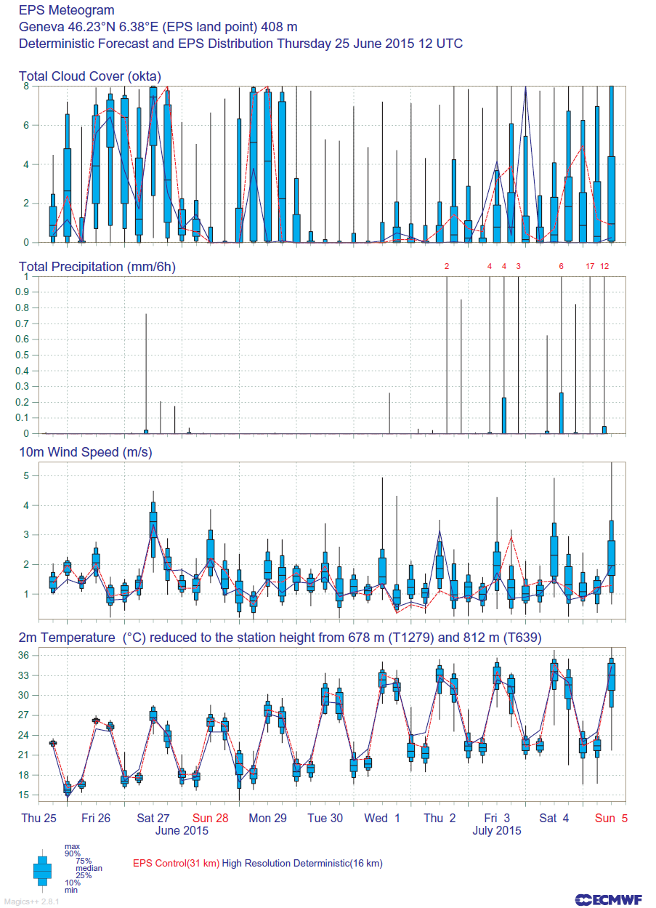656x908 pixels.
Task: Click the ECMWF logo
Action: (x=608, y=900)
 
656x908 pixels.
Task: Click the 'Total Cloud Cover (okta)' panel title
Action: (x=90, y=76)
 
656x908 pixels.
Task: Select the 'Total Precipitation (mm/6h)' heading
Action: (x=97, y=267)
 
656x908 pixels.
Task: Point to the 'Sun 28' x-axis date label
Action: (x=210, y=818)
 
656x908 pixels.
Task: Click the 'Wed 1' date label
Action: (x=382, y=818)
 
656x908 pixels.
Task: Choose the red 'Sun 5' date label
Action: (x=611, y=818)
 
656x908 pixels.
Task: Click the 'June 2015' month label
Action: (x=182, y=830)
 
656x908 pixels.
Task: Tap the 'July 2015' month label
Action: (x=496, y=830)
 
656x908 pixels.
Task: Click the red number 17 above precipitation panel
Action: (x=590, y=266)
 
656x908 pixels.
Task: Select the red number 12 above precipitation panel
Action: (x=604, y=266)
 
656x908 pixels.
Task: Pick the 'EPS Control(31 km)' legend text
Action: (x=176, y=863)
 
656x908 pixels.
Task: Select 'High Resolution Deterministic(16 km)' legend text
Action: (x=302, y=863)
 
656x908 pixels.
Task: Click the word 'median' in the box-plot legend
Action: (x=89, y=868)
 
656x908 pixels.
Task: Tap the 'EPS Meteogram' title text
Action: (x=67, y=10)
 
